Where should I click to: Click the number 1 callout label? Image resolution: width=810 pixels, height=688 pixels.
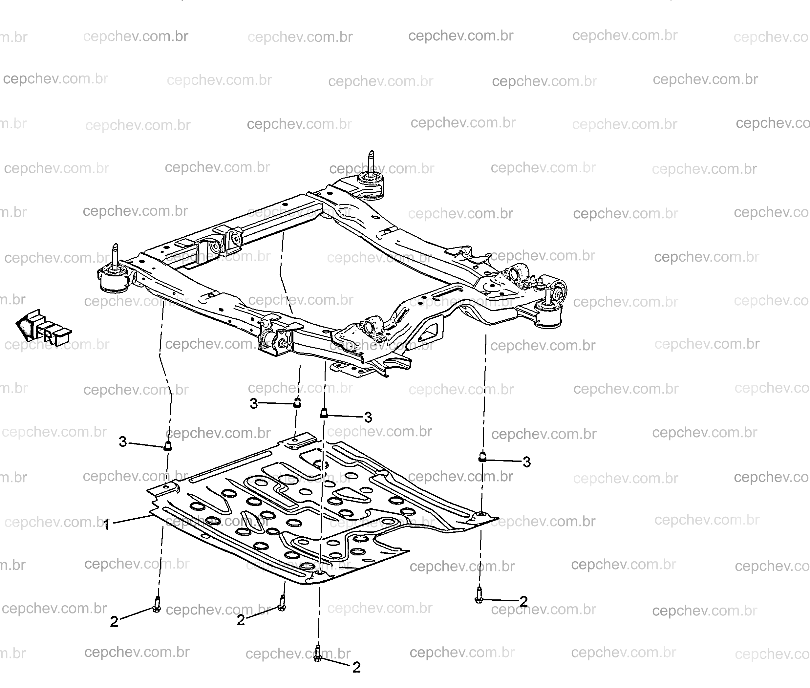[106, 524]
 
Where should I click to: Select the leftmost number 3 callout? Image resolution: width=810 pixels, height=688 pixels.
[123, 441]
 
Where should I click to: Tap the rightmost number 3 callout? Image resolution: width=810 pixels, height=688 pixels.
[526, 462]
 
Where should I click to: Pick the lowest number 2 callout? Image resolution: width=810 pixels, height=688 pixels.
[356, 667]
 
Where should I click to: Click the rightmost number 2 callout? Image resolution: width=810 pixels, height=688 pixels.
[523, 601]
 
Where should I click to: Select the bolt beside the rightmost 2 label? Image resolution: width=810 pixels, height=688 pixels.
[479, 595]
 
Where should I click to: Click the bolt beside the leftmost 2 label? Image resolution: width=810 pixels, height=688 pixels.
[157, 604]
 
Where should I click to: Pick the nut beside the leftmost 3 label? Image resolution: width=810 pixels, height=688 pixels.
[167, 446]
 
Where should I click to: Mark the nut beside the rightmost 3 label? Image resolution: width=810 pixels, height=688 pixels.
[482, 456]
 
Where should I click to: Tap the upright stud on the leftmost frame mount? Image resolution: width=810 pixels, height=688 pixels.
[116, 255]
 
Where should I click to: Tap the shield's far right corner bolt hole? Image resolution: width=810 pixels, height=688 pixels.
[482, 514]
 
